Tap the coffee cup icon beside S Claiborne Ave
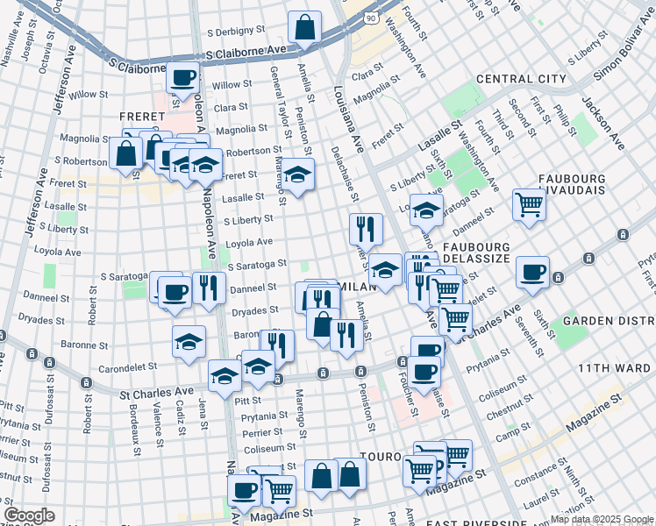point(183,77)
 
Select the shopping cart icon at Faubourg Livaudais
point(530,203)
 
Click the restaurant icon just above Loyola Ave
point(366,229)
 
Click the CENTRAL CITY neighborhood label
point(521,79)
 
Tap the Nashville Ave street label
point(11,39)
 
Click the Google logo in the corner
point(29,515)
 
